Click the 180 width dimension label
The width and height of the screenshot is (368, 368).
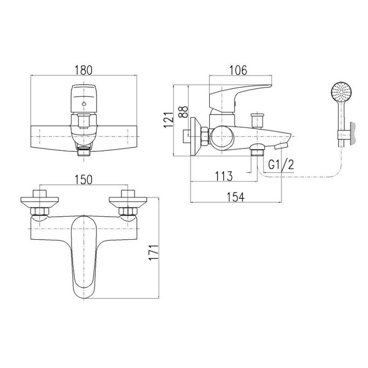(x=84, y=70)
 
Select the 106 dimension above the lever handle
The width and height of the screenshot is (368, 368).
(x=238, y=70)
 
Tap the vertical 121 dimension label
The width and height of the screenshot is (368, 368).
(x=168, y=120)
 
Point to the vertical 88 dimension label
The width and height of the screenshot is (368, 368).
(x=183, y=111)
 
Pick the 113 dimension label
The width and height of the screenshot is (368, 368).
(x=224, y=176)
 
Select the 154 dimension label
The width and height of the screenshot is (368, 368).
(x=236, y=197)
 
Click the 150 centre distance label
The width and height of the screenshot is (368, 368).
(x=84, y=180)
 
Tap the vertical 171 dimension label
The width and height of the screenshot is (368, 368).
(x=154, y=252)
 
